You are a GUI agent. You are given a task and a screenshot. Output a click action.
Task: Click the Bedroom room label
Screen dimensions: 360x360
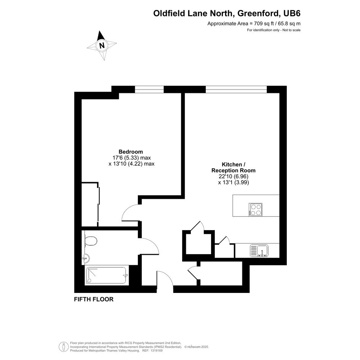point(131,152)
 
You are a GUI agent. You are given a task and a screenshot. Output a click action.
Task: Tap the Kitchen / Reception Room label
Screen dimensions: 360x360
point(233,168)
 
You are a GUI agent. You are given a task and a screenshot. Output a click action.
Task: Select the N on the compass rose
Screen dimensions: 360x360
point(102,45)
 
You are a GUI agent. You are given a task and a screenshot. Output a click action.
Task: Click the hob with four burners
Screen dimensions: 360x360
point(256,210)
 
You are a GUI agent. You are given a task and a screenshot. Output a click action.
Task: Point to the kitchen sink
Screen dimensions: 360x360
point(259,251)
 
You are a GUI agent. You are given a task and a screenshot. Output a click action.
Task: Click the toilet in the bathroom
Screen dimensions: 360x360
point(90,241)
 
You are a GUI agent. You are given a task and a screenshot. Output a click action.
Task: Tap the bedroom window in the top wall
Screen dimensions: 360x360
point(149,89)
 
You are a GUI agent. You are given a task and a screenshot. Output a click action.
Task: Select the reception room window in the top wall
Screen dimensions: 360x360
point(236,89)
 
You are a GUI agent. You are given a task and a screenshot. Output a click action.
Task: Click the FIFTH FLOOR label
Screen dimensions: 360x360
point(94,299)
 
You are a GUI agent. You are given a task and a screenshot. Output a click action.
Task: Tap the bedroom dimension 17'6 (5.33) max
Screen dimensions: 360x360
point(131,158)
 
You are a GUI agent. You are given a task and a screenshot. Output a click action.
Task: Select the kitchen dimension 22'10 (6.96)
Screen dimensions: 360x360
point(234,176)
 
